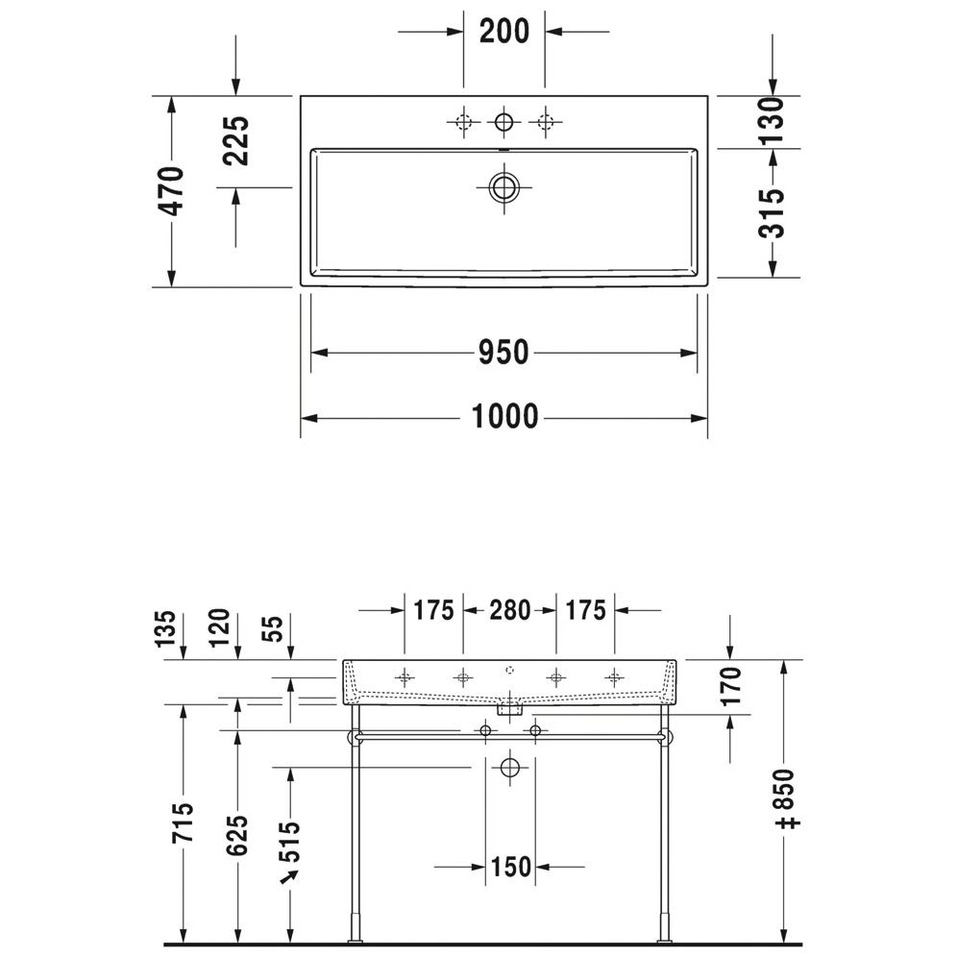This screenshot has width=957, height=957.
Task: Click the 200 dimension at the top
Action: pos(504,31)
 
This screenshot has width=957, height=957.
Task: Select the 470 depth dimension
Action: pos(173,191)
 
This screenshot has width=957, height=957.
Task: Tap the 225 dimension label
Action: pos(236,141)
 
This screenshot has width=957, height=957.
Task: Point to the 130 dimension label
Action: pos(772,120)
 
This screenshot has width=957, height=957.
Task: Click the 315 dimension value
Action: pos(772,213)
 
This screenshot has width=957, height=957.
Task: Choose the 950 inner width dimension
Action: pos(503,353)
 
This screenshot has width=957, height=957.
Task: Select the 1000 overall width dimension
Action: pos(504,417)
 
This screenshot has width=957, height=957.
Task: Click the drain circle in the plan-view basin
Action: pos(504,187)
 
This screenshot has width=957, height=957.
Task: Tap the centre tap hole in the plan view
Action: pos(504,122)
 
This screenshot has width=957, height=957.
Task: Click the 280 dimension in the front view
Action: pos(509,610)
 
